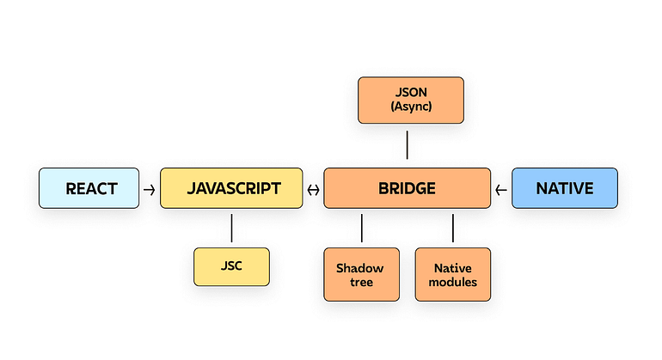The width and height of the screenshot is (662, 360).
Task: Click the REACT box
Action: (89, 188)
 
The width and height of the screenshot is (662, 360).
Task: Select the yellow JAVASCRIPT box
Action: (231, 188)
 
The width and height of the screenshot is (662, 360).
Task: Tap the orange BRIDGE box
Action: (407, 188)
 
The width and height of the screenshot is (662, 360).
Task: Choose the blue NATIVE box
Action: (564, 188)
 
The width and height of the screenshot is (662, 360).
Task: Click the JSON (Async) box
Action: (410, 100)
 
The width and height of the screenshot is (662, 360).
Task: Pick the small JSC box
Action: (231, 266)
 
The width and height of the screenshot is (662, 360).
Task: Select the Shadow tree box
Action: (361, 274)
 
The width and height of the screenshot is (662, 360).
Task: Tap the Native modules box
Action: (452, 274)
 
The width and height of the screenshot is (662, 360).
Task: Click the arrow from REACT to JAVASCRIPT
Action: (150, 189)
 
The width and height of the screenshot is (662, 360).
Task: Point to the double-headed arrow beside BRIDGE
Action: (313, 189)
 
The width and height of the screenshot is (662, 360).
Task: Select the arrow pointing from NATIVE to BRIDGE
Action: (501, 189)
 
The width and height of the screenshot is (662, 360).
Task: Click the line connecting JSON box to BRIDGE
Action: (407, 144)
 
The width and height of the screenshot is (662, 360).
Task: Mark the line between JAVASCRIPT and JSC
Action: (231, 227)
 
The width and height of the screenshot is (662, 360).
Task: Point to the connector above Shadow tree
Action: (361, 228)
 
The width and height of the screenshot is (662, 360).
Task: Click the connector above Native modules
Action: (452, 228)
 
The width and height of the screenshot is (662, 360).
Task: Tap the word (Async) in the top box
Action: (410, 107)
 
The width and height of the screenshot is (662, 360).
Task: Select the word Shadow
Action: (361, 268)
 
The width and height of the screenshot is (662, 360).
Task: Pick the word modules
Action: (452, 282)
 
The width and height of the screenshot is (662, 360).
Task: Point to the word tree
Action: (361, 282)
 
